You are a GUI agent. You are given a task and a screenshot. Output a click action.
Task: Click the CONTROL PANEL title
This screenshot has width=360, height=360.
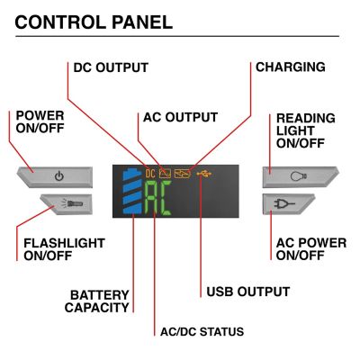(x=94, y=22)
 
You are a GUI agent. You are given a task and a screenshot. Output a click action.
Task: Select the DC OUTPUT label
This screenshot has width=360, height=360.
(x=110, y=67)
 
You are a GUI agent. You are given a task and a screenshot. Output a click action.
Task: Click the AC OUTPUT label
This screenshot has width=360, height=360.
(x=180, y=117)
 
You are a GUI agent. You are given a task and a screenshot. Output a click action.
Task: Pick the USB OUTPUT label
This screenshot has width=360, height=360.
(x=247, y=292)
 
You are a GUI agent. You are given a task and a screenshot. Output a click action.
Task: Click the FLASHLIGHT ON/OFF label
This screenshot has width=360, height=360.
(x=64, y=249)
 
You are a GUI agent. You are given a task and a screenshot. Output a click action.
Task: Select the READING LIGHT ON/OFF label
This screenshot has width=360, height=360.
(x=305, y=130)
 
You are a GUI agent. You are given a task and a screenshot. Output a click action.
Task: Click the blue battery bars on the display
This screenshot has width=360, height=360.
(x=132, y=192)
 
